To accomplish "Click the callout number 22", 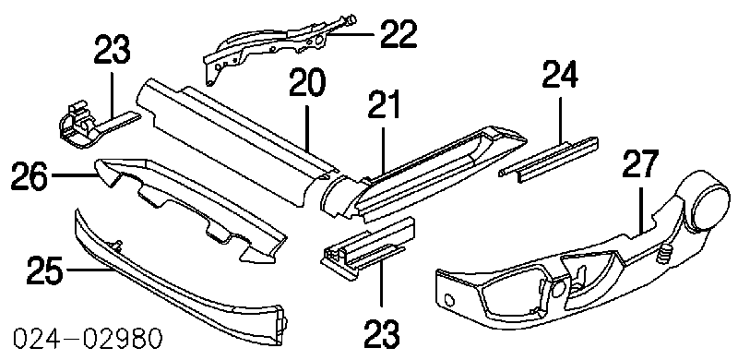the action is coord(399,34).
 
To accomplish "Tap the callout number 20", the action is coord(306,83).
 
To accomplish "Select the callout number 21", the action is coord(383,104).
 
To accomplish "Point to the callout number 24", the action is coord(560,75).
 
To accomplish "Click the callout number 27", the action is coord(640,163).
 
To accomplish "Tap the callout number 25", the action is coord(45,270).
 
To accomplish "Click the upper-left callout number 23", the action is coord(112,50).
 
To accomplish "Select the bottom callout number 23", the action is coord(381,334).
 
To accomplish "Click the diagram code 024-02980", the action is coord(88,339).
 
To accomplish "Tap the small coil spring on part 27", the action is coord(663,256).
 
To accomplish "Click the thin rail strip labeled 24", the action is coord(549,159).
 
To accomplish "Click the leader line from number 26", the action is coord(73,175).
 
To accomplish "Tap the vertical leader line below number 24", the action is coord(560,118).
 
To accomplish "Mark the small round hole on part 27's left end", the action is coord(449,298).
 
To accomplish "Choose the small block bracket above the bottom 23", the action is coord(367,248).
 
